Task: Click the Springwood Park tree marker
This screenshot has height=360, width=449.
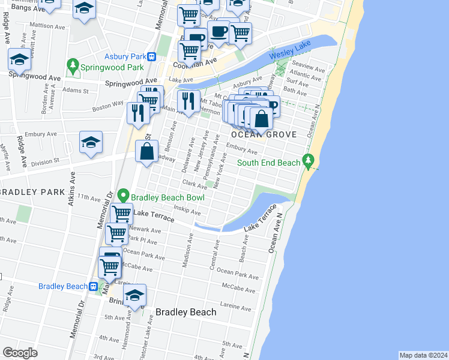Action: [73, 65]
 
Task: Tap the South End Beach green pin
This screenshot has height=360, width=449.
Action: [309, 161]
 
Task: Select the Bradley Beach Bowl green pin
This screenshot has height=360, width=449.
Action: [123, 196]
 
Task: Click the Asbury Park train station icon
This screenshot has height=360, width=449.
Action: [152, 57]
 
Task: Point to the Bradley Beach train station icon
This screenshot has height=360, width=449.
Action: [94, 287]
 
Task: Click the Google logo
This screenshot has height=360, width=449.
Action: [20, 352]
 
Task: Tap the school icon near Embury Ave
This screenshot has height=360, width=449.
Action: [91, 143]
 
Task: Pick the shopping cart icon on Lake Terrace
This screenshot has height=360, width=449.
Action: [121, 213]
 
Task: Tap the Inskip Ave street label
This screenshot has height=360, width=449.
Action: [188, 210]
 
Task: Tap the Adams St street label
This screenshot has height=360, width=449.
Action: [78, 91]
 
